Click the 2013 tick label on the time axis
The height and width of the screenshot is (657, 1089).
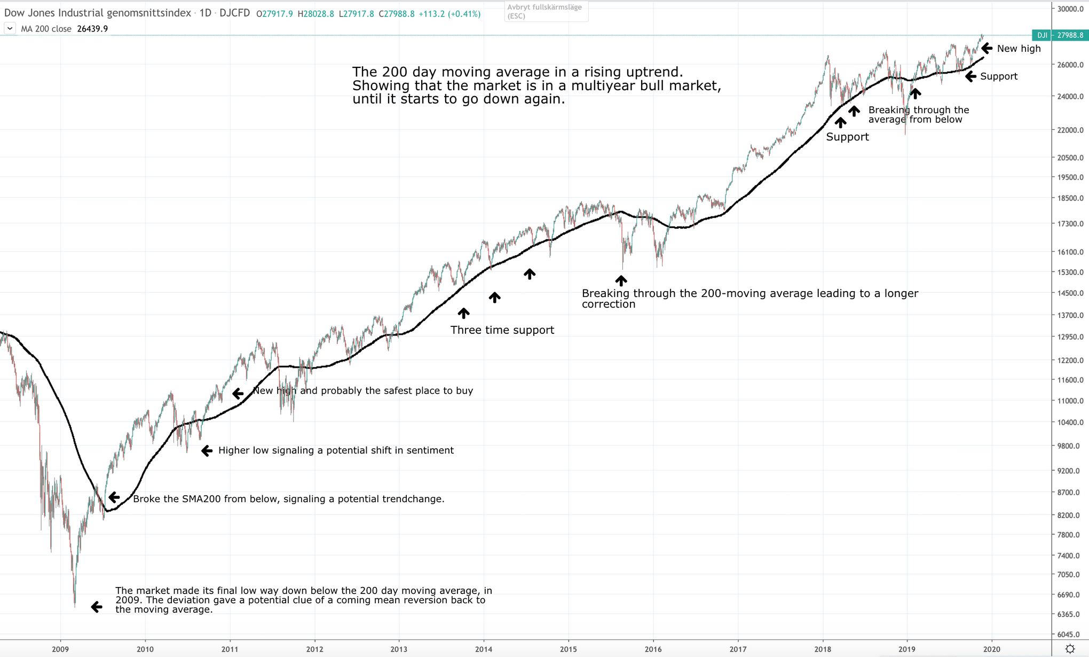tap(399, 649)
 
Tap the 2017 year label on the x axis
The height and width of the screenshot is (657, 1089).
tap(738, 649)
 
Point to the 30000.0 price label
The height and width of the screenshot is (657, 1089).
tap(1070, 9)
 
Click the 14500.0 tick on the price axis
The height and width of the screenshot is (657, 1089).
tap(1070, 293)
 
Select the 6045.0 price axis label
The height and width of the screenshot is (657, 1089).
tap(1070, 635)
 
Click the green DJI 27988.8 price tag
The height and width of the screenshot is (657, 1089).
tap(1059, 35)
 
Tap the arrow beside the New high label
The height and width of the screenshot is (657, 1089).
tap(987, 49)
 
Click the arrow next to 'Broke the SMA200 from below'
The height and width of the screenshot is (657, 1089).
tap(114, 498)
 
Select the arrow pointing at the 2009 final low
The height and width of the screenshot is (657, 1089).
tap(97, 607)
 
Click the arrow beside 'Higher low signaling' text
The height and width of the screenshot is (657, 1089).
tap(207, 451)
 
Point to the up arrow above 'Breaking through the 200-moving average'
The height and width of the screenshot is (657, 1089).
tap(621, 280)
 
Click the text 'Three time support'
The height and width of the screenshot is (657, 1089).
tap(502, 330)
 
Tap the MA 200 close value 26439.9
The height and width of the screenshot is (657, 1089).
tap(92, 29)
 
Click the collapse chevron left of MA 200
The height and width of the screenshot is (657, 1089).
tap(10, 28)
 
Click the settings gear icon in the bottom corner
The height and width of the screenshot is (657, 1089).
tap(1070, 649)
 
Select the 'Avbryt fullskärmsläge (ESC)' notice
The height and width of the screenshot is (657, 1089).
tap(546, 11)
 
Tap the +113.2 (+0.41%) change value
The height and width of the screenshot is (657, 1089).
tap(449, 14)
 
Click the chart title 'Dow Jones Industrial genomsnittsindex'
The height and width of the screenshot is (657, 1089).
tap(98, 13)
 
